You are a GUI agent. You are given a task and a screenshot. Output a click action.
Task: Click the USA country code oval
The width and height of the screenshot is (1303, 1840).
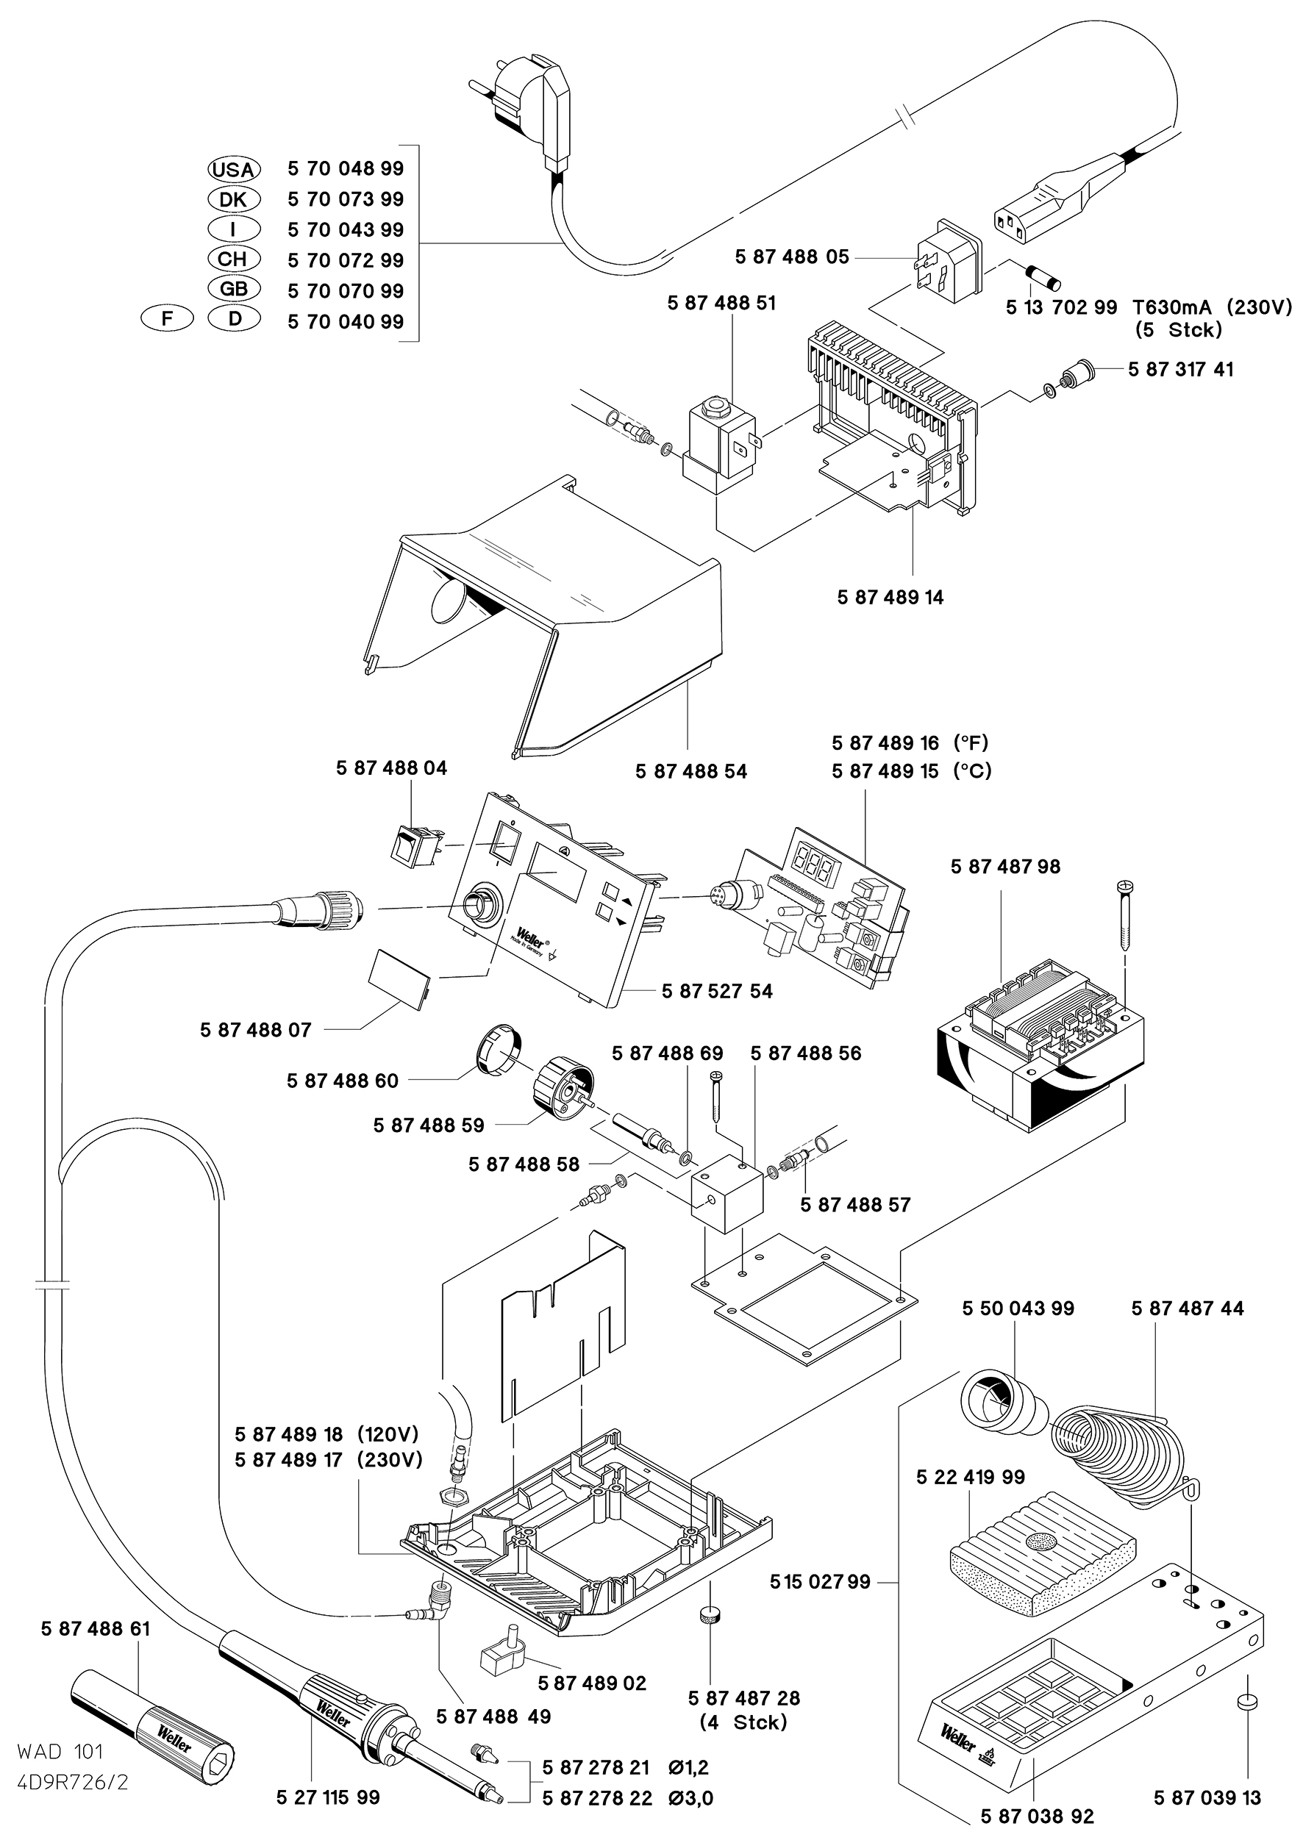point(232,169)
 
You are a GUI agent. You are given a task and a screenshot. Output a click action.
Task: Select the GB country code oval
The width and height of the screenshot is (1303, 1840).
point(234,289)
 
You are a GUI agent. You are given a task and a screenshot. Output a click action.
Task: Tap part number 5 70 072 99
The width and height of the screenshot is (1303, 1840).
point(346,260)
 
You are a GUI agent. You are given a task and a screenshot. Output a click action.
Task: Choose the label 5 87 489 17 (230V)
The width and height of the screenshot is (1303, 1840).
point(328,1460)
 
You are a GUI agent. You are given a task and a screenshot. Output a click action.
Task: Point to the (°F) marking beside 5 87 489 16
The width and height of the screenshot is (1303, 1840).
point(971,742)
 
